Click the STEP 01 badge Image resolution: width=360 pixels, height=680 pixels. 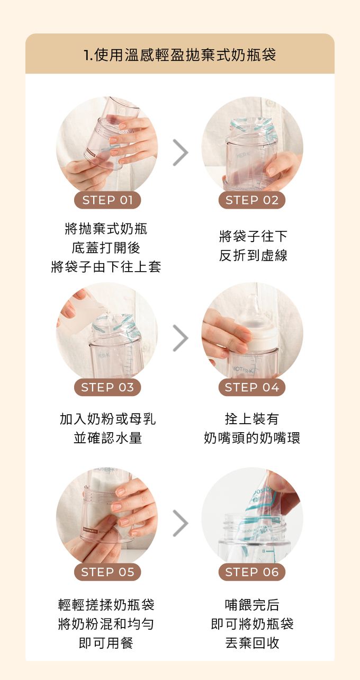[x=107, y=200]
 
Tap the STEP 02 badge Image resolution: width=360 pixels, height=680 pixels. [x=252, y=200]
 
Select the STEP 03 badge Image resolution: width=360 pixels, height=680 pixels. [x=107, y=387]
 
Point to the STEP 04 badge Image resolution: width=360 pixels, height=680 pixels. [x=252, y=387]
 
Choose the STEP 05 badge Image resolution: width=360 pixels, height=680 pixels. [x=107, y=572]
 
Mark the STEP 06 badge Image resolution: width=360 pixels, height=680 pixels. [x=252, y=572]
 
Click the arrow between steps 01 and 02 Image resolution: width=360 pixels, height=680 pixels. [x=181, y=153]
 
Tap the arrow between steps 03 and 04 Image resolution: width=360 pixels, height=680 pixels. [x=181, y=338]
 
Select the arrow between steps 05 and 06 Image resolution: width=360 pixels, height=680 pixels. [x=181, y=523]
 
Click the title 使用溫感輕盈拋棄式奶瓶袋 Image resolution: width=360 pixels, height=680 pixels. [x=185, y=55]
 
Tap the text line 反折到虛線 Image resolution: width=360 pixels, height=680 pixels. [x=253, y=255]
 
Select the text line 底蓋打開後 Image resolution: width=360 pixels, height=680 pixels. [x=106, y=248]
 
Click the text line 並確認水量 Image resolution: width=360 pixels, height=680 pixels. [x=108, y=438]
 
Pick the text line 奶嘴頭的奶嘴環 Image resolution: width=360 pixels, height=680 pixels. [x=252, y=438]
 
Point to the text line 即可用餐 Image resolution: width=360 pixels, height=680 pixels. [x=106, y=642]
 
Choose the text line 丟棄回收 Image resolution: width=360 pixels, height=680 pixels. [x=252, y=642]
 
